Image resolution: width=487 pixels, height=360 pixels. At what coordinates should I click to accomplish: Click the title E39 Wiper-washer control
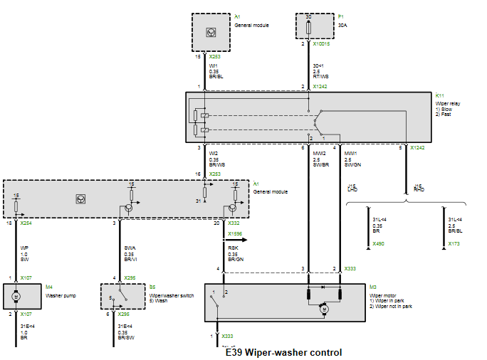coord(283,352)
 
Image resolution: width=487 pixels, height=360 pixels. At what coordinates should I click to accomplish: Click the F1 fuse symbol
coord(308,26)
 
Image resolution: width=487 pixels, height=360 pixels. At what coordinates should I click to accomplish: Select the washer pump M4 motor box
coord(21,295)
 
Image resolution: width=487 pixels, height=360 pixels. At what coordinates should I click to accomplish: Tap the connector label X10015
coord(321,44)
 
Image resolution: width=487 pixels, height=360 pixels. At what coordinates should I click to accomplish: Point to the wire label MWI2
coord(319,152)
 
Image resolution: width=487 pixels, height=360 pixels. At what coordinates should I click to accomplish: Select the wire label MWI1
coord(351,152)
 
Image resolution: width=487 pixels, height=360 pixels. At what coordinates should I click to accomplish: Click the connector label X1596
coord(235,234)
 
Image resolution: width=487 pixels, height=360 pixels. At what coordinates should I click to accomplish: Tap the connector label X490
coord(379,243)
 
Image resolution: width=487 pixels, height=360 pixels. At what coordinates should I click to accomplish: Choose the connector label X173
coord(454,243)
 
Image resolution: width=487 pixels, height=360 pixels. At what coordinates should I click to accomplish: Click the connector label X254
coord(26,223)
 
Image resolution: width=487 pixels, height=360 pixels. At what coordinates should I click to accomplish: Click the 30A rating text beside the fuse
coord(342,25)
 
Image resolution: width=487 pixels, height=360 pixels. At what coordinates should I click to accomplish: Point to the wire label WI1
coord(213,66)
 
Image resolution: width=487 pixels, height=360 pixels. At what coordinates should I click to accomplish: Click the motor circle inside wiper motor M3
coord(324,309)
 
